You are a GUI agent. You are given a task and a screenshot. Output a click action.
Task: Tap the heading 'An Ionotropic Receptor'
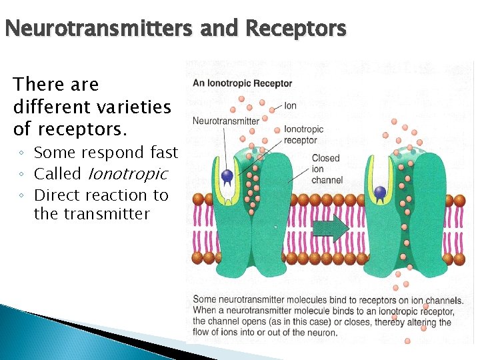coord(242,83)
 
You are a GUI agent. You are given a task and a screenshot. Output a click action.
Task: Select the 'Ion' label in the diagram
coord(291,105)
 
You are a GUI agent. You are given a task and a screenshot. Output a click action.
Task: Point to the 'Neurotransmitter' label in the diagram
coord(225,121)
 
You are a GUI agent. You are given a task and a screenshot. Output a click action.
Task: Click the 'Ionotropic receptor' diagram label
coord(303,135)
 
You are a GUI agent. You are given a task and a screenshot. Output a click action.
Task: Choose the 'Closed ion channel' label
coord(327,169)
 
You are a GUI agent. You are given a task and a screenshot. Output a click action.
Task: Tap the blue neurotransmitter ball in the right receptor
coord(380,193)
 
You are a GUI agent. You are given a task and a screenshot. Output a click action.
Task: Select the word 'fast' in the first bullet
coord(165,153)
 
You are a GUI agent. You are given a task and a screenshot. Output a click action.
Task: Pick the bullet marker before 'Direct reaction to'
coord(22,196)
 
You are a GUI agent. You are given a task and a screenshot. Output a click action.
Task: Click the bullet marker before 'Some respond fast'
coord(22,153)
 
